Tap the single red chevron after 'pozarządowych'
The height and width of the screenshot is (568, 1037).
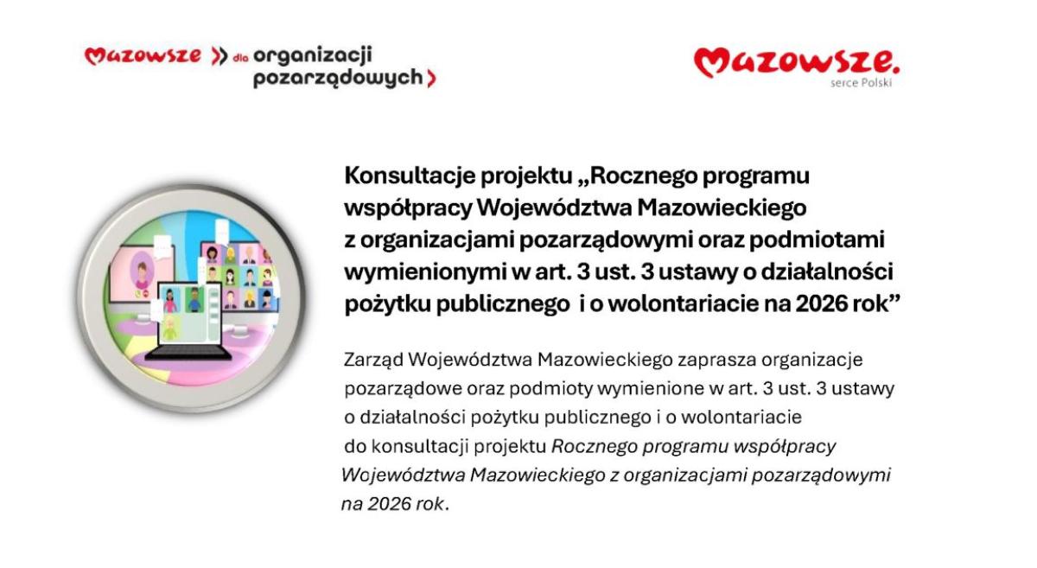point(431,79)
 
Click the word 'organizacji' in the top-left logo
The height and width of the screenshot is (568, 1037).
point(312,56)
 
